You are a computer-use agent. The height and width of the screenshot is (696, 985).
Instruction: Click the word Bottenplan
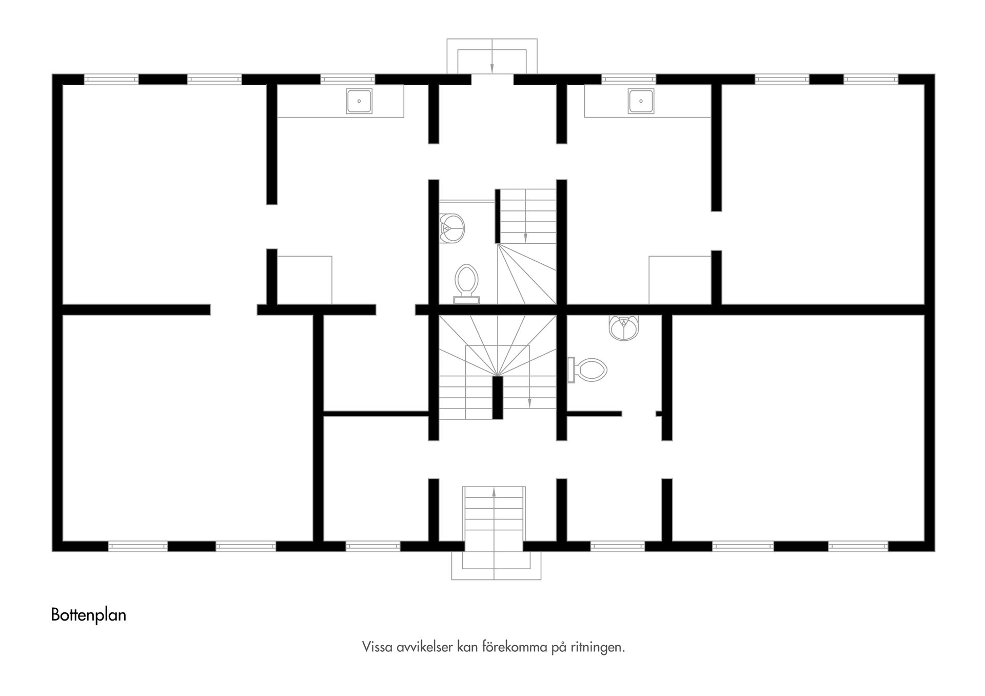point(88,615)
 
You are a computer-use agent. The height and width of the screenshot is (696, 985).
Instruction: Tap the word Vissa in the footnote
point(377,647)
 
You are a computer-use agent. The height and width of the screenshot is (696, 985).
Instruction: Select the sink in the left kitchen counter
point(359,101)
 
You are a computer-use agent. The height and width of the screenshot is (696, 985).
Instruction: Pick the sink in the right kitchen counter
point(641,101)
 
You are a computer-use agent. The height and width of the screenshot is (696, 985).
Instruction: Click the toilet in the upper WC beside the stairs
point(466,281)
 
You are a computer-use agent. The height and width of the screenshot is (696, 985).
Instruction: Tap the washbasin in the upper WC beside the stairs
point(452,227)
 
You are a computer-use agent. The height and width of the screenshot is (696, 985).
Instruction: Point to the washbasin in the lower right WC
point(624,327)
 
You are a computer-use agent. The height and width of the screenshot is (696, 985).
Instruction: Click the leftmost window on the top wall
point(111,80)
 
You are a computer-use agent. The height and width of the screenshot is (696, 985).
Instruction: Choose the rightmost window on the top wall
point(871,80)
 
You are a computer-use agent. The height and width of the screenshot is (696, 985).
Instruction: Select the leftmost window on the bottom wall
point(137,547)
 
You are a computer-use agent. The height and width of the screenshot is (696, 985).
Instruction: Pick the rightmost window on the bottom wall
point(858,547)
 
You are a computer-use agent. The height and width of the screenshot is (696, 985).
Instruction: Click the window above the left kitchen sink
point(348,80)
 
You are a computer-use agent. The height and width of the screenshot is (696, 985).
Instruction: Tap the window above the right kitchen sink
point(628,80)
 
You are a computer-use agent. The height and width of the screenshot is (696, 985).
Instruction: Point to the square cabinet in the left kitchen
point(305,280)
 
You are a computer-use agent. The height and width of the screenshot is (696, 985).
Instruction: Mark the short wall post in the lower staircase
point(497,398)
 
